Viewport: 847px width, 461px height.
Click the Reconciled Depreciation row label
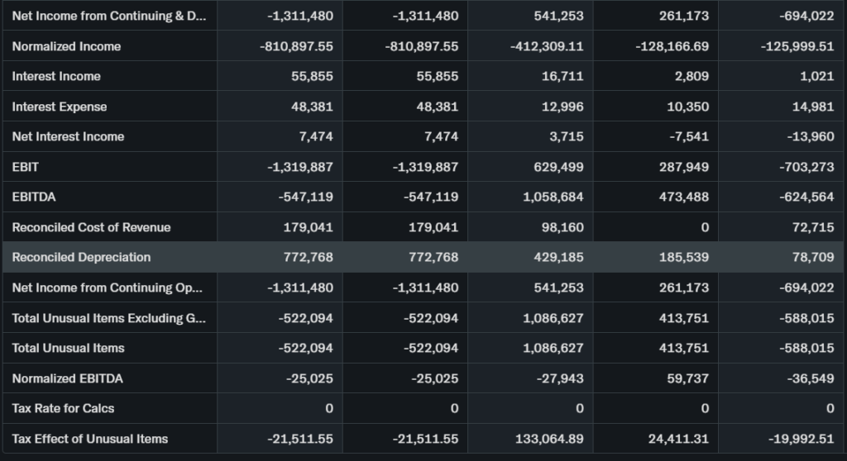tap(81, 257)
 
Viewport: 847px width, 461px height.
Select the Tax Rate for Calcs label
tap(63, 408)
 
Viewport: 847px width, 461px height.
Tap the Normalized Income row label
tap(66, 46)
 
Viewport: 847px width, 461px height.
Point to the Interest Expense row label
tap(59, 107)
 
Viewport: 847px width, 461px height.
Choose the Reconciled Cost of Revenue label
tap(91, 227)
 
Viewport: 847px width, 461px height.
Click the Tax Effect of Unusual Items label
tap(89, 439)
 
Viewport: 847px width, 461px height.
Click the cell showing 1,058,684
tap(553, 197)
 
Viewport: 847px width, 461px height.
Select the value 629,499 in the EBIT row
tap(558, 167)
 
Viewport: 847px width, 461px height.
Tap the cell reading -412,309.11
tap(547, 46)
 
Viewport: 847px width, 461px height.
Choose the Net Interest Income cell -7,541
tap(687, 136)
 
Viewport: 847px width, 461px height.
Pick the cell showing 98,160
tap(562, 227)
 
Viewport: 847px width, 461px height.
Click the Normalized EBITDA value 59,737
tap(687, 378)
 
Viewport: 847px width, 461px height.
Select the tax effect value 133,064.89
tap(549, 439)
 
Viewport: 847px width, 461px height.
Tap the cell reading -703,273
tap(806, 167)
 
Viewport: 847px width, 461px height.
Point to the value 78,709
tap(812, 257)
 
